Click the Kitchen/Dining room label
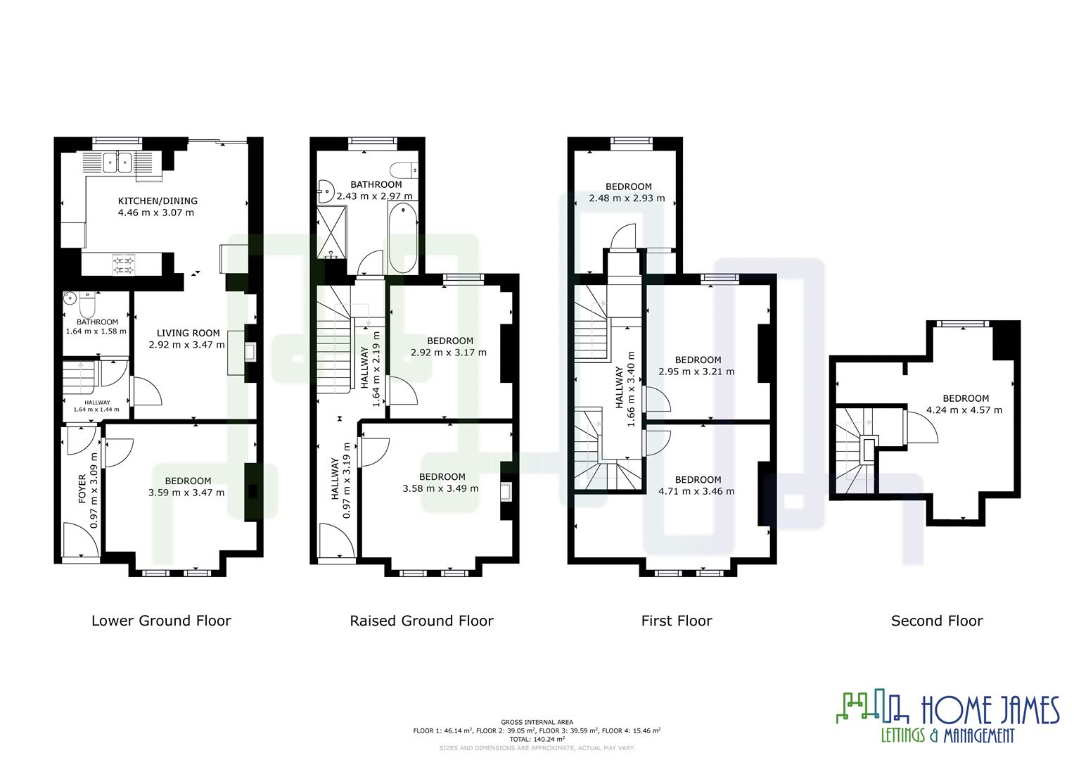pos(157,201)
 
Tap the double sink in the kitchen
pos(117,163)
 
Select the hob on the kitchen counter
pos(123,264)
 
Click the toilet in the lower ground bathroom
pos(87,305)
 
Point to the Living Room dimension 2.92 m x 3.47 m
pos(186,345)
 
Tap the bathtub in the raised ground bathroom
pos(403,238)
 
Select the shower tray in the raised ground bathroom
pos(329,231)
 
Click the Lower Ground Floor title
pos(161,621)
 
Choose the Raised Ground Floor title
pos(421,621)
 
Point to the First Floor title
pos(676,621)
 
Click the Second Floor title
pos(936,621)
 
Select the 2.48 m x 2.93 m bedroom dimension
pos(627,198)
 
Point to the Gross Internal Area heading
pos(537,722)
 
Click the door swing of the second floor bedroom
pos(921,427)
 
